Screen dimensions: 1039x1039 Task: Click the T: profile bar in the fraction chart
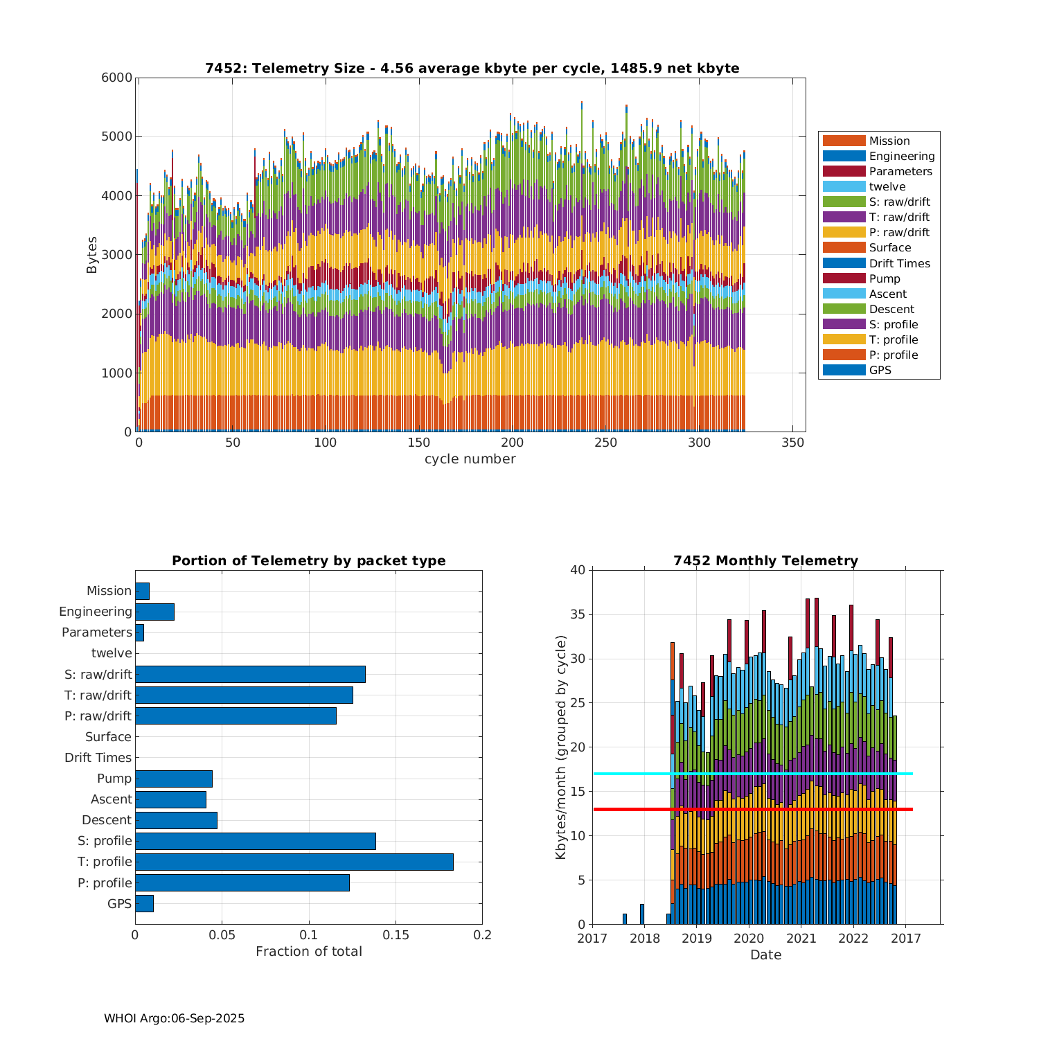click(x=294, y=862)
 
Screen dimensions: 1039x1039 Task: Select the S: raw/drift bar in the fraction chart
click(x=250, y=674)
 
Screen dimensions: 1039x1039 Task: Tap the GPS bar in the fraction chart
click(x=144, y=903)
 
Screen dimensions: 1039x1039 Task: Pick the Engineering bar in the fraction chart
click(x=154, y=612)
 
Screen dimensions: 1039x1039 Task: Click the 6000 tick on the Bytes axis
click(x=117, y=78)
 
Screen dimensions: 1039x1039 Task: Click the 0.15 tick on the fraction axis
click(x=396, y=935)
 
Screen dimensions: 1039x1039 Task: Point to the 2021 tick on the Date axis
click(x=801, y=938)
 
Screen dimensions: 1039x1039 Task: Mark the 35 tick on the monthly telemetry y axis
click(x=576, y=614)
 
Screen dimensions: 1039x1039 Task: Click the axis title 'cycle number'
click(x=470, y=459)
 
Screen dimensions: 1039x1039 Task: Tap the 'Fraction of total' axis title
click(x=308, y=952)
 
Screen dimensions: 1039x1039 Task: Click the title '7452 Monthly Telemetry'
click(x=765, y=560)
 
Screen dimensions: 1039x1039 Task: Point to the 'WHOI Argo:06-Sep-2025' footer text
click(x=174, y=1018)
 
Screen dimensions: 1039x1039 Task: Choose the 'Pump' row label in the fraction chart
click(x=114, y=779)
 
